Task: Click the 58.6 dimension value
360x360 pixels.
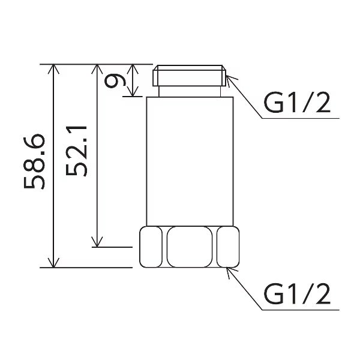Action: [34, 161]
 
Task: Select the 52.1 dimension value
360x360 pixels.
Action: [76, 151]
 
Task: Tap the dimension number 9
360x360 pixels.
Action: [115, 82]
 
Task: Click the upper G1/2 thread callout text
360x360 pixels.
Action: [297, 103]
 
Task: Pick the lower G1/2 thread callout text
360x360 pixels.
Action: [297, 294]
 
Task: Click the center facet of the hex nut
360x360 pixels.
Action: [190, 247]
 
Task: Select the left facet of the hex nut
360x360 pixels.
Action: [151, 247]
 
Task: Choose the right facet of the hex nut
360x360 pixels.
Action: [228, 247]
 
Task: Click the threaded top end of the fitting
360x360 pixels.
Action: [190, 76]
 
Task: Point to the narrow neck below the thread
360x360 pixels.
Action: [190, 91]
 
